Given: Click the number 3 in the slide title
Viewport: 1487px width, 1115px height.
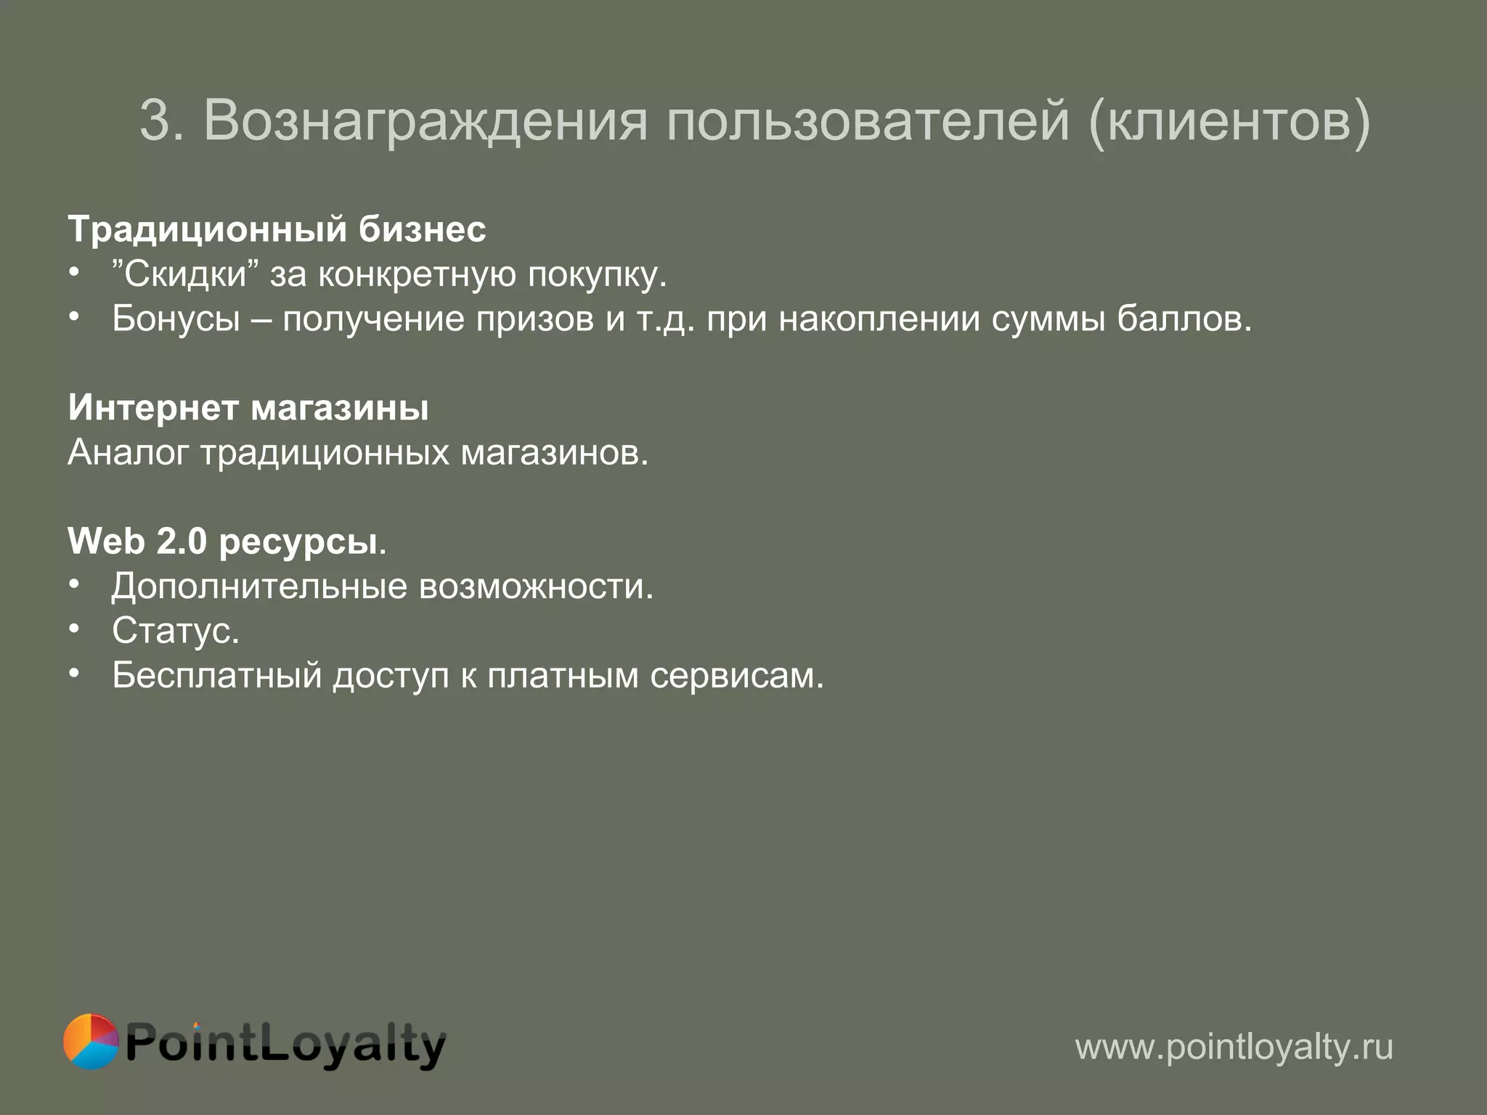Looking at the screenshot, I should [155, 121].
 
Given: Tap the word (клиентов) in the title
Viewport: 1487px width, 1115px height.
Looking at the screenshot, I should [1229, 121].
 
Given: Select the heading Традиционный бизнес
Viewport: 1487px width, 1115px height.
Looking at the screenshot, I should [277, 229].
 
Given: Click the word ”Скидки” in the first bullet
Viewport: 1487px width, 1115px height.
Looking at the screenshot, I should [185, 274].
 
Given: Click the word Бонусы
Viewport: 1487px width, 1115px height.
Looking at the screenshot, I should [176, 319].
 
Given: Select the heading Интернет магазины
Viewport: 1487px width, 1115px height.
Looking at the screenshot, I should [248, 408].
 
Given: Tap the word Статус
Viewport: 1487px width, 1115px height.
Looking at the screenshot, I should [175, 631].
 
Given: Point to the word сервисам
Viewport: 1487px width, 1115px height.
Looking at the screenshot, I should [736, 676].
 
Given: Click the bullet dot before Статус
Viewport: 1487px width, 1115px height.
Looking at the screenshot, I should [74, 629].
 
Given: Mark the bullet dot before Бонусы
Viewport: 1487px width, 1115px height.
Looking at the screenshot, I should [74, 316].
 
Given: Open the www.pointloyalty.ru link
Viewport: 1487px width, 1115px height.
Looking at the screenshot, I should [1234, 1047].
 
